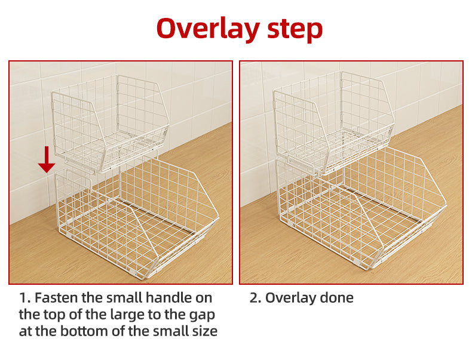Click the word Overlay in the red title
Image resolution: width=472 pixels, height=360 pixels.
click(x=208, y=29)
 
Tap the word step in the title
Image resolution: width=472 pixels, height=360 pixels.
click(x=295, y=29)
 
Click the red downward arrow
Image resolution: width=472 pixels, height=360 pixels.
click(x=47, y=159)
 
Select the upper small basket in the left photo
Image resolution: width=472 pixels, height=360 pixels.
click(x=110, y=124)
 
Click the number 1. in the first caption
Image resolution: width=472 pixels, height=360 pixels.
click(x=25, y=298)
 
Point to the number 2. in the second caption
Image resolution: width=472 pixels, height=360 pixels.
click(x=256, y=298)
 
